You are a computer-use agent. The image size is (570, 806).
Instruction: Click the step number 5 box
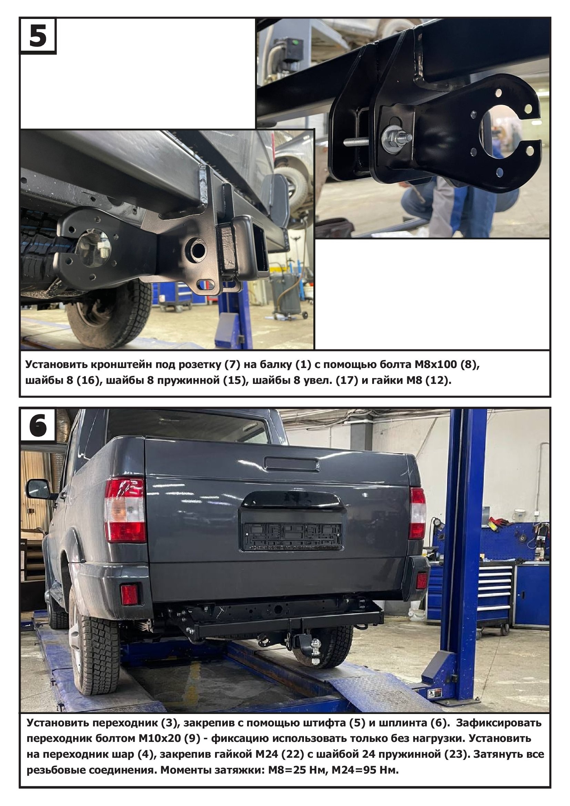click(x=38, y=35)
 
